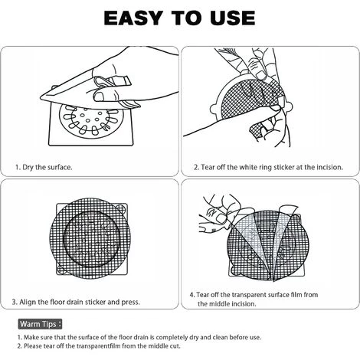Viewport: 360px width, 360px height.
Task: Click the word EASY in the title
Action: (133, 18)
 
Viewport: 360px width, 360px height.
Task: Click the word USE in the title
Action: (232, 18)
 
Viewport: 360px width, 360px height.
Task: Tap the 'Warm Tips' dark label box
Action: (40, 324)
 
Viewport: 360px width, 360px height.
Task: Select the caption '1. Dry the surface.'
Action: (44, 168)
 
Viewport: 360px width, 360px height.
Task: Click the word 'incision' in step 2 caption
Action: (329, 167)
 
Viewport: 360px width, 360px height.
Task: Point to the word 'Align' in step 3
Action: (28, 302)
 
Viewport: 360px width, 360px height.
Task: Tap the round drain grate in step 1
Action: (91, 120)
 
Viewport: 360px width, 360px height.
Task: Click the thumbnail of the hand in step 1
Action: (99, 97)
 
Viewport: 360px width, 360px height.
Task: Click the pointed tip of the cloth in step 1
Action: (41, 98)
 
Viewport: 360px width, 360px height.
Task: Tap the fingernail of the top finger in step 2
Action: (261, 75)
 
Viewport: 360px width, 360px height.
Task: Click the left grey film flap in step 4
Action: (251, 240)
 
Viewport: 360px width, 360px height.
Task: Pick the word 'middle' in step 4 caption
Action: (220, 304)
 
